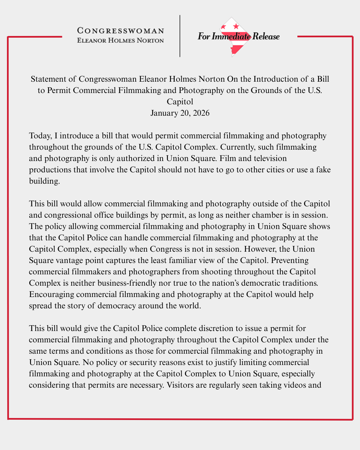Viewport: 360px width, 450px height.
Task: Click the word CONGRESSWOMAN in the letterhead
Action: tap(120, 31)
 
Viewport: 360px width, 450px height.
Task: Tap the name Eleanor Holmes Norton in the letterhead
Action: tap(120, 40)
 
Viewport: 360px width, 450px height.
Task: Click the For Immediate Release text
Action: tap(238, 36)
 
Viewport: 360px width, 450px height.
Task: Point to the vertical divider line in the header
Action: tap(180, 36)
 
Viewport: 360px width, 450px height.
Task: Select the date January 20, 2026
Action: tap(180, 113)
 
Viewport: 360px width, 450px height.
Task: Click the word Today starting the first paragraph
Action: tap(40, 136)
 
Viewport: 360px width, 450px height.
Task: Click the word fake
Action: tap(323, 170)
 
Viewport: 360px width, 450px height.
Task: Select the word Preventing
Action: tap(290, 260)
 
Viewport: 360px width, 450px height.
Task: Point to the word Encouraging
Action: tap(51, 294)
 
